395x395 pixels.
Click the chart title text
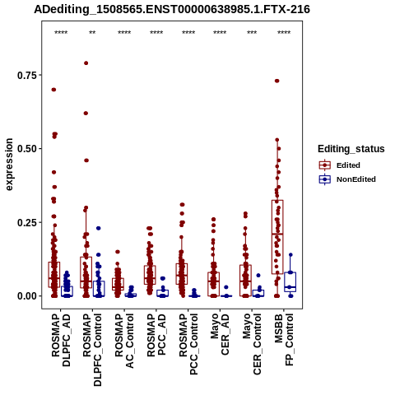(x=172, y=10)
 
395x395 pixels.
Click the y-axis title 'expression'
(x=9, y=165)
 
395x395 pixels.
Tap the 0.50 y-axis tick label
(x=27, y=149)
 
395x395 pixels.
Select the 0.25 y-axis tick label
(x=27, y=222)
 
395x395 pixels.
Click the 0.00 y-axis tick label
(x=27, y=296)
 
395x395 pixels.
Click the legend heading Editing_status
(x=351, y=149)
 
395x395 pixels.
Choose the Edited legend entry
(x=340, y=165)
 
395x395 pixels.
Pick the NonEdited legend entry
(x=347, y=179)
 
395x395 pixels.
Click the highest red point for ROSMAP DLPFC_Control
(x=86, y=63)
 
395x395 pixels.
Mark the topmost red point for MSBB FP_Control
(x=277, y=81)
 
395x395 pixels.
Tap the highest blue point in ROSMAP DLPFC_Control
(x=99, y=228)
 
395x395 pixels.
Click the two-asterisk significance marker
(x=92, y=33)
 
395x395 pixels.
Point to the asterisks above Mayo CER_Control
(x=252, y=33)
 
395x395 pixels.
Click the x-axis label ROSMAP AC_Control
(x=124, y=341)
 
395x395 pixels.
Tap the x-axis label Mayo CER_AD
(x=220, y=335)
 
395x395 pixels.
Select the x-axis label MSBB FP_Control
(x=284, y=340)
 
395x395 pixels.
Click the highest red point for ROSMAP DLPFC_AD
(x=53, y=90)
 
